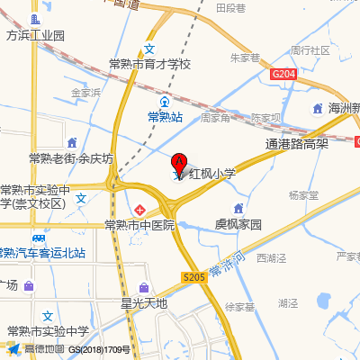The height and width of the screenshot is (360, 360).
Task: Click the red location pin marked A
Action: [x=178, y=163]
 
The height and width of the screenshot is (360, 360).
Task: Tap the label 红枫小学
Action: [x=211, y=175]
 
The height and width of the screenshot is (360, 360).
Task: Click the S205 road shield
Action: [x=193, y=278]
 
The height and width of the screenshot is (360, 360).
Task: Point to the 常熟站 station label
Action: [x=166, y=117]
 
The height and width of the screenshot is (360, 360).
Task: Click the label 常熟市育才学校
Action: [x=150, y=64]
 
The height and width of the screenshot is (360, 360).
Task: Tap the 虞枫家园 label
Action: [x=238, y=223]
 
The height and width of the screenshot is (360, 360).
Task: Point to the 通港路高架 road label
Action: [x=298, y=143]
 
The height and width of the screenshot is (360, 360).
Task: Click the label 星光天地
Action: [x=145, y=303]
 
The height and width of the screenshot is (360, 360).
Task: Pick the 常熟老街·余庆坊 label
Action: [x=71, y=158]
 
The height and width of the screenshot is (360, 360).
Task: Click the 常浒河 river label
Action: [x=227, y=266]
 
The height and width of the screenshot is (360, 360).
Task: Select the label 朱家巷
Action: [x=245, y=58]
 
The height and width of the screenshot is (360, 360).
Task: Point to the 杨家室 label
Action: [x=303, y=194]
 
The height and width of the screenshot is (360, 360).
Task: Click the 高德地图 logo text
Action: [x=44, y=348]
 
